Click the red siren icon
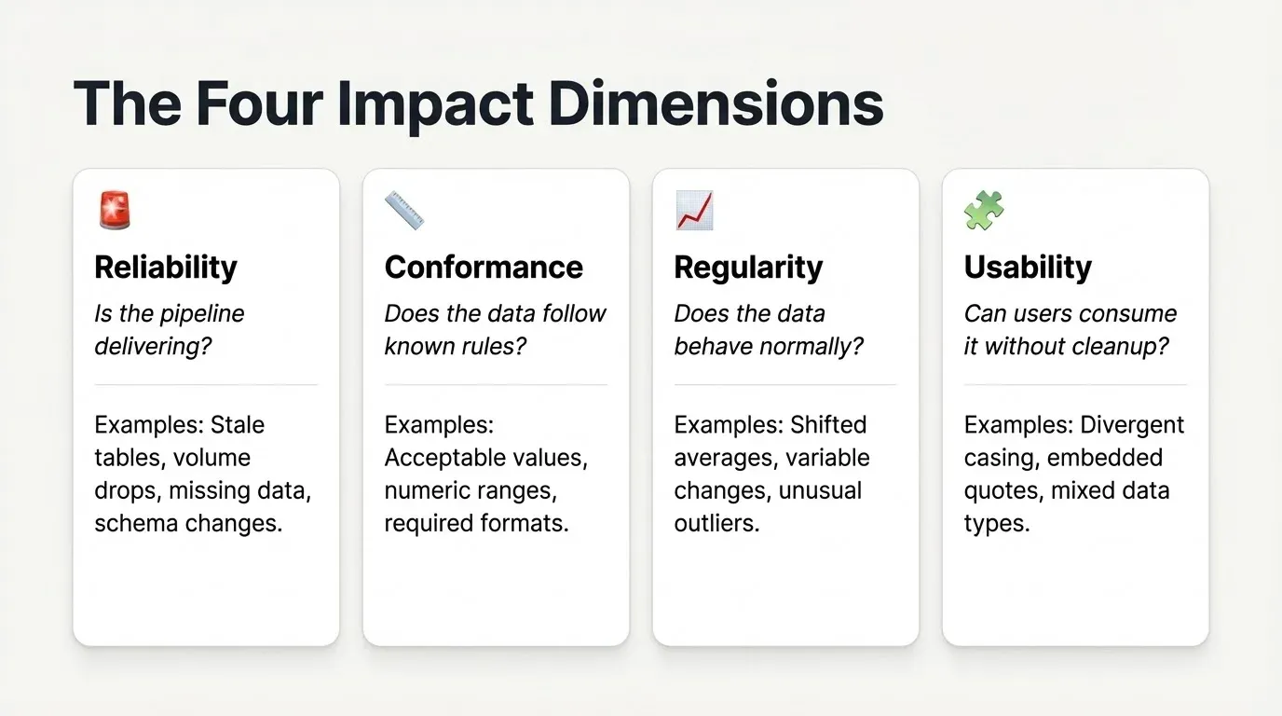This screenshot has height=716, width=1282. coord(115,210)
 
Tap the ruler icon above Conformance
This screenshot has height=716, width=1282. coord(404,210)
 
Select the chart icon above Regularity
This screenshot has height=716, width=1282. coord(694,210)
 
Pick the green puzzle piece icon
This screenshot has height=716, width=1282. coord(984,210)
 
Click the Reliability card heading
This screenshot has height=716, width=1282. coord(166,268)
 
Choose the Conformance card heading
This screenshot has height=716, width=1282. coord(484,268)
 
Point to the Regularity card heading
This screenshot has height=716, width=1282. coord(748,268)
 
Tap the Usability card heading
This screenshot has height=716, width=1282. coord(1028,268)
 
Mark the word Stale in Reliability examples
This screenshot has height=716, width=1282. coord(238,425)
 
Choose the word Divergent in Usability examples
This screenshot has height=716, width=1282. coord(1131,425)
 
